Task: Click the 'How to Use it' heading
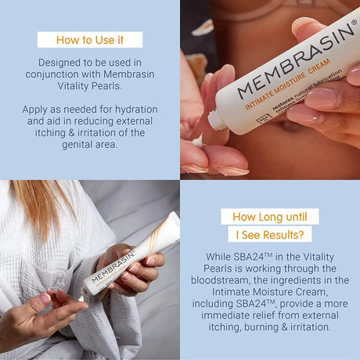(x=89, y=40)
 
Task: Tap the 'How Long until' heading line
(x=269, y=217)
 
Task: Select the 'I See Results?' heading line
(x=269, y=234)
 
